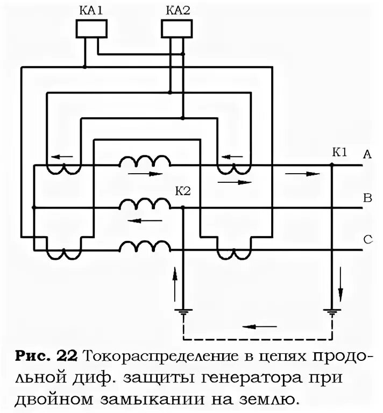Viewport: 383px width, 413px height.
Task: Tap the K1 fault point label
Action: tap(339, 152)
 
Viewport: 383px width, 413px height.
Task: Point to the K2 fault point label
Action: tap(182, 191)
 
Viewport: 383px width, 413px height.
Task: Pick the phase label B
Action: tap(368, 198)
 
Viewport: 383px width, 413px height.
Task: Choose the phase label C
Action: tap(368, 240)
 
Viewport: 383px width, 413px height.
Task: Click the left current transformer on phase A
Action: tap(62, 168)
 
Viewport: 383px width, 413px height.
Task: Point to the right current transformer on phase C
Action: tap(233, 253)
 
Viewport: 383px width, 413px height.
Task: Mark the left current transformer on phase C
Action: tap(62, 253)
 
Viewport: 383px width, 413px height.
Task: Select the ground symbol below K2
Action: tap(184, 311)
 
